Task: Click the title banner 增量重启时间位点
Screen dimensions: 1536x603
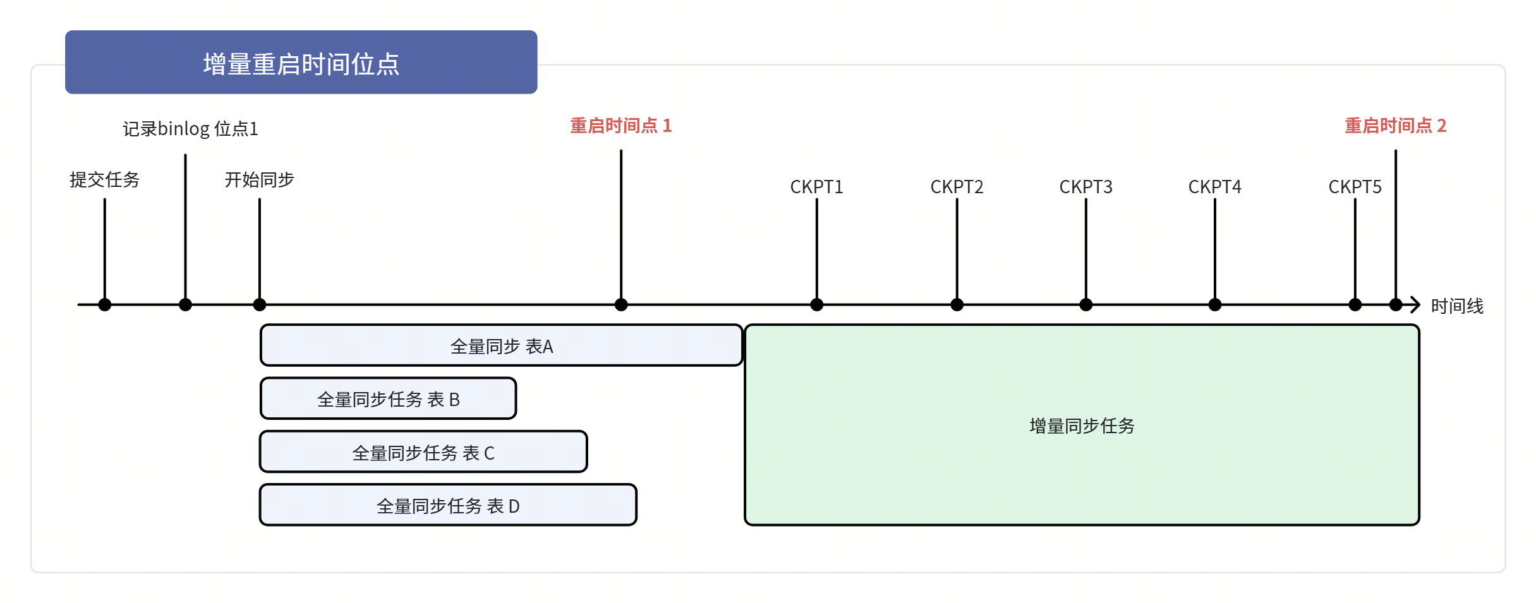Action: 301,63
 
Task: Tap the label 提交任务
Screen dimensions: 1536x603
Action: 104,180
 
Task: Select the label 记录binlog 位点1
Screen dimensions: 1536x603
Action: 190,129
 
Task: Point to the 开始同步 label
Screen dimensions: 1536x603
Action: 260,180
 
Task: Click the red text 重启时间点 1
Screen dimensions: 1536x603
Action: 621,126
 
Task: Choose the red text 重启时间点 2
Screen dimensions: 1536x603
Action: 1396,126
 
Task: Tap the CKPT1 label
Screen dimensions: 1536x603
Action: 816,187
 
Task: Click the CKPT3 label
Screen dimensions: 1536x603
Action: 1085,187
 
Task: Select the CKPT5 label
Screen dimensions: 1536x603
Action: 1355,187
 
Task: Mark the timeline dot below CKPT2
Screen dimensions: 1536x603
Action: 957,305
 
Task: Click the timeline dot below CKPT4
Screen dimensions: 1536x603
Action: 1215,305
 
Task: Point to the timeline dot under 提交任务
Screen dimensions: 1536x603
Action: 105,305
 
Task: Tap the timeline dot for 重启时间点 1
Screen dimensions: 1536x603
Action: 621,305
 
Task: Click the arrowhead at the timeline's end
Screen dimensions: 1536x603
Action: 1419,305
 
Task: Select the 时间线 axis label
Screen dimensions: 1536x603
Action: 1457,306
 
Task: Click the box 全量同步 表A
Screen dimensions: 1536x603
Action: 502,345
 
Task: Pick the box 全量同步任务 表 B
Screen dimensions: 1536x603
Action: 389,398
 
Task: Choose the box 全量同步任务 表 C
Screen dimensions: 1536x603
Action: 423,452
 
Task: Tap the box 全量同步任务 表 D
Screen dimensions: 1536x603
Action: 448,505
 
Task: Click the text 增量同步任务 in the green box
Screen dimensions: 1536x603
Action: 1082,426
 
